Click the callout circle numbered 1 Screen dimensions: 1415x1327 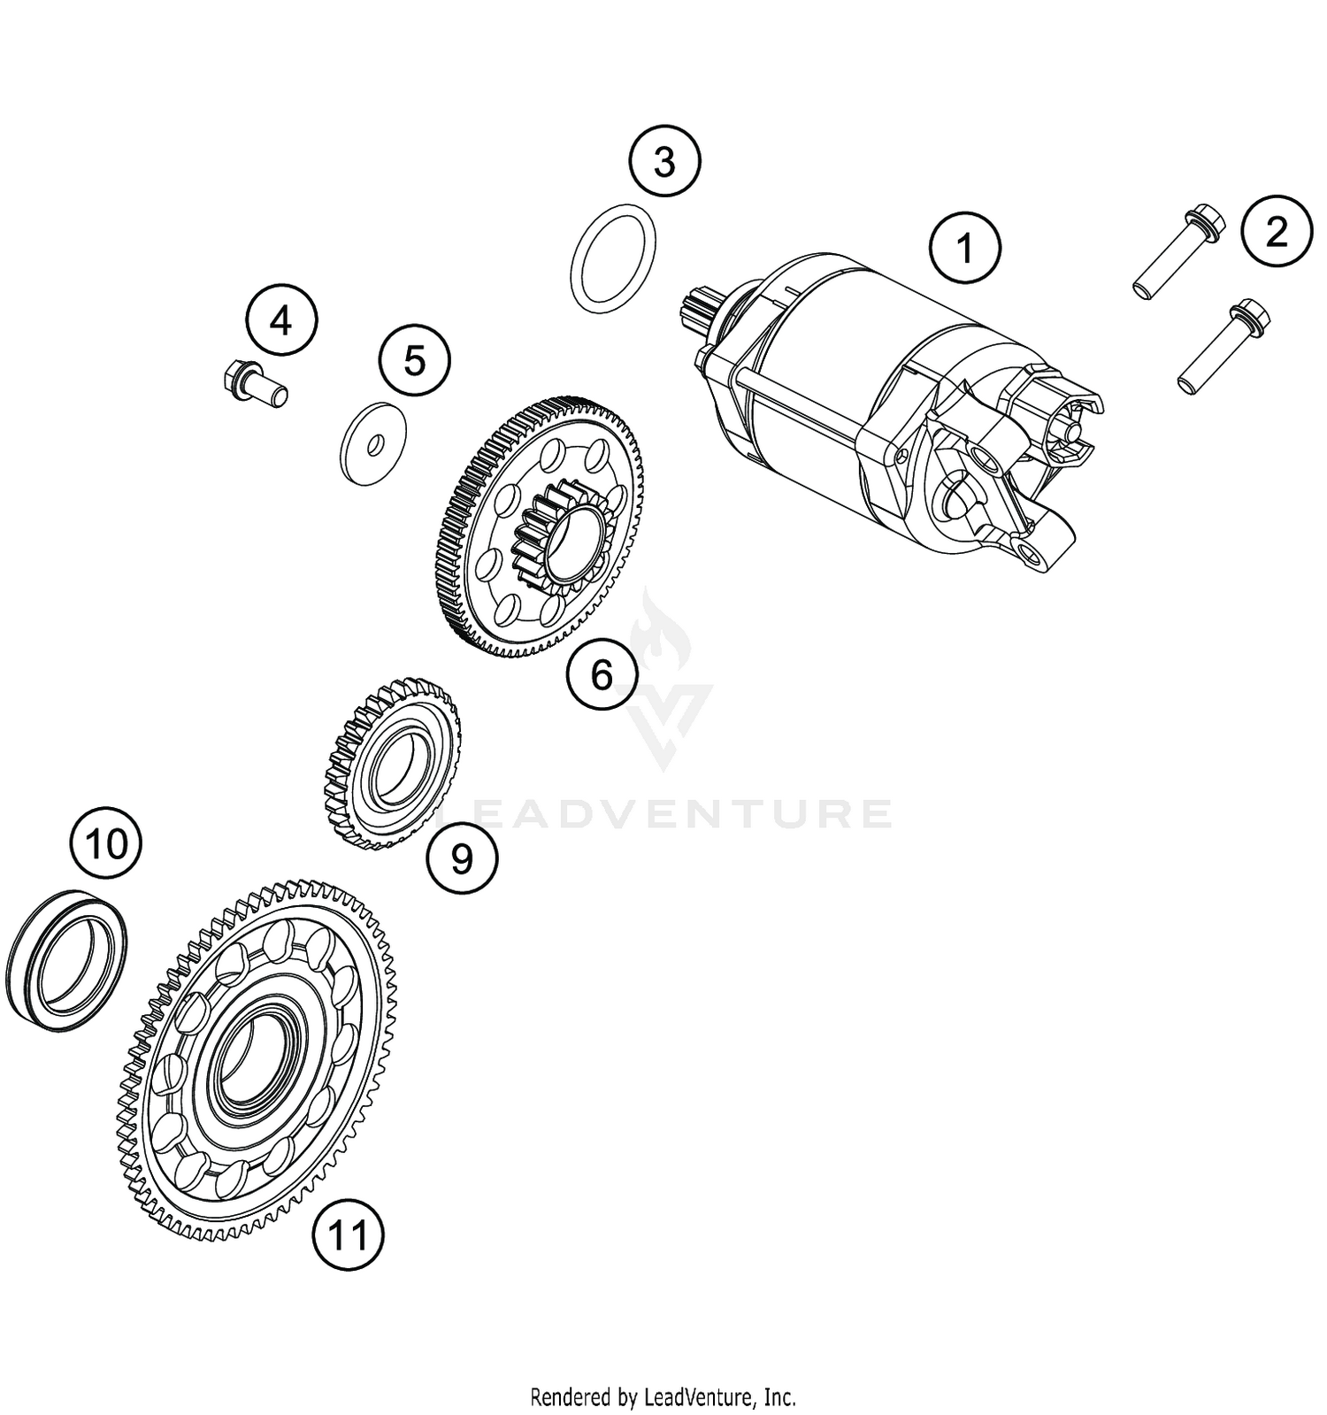coord(966,248)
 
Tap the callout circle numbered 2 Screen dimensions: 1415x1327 coord(1276,230)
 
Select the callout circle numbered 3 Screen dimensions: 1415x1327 coord(664,162)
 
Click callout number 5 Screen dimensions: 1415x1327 coord(414,360)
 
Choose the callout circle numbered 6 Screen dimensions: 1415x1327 coord(602,675)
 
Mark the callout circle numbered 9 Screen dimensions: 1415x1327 coord(462,857)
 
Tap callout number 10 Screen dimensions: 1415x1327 coord(106,843)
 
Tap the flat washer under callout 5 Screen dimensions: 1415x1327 coord(373,443)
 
